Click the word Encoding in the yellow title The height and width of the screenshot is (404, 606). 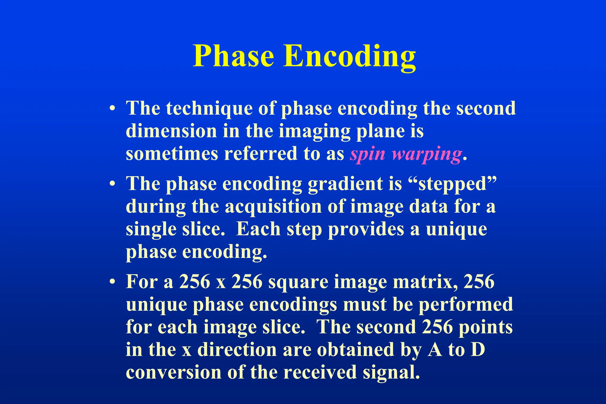(349, 57)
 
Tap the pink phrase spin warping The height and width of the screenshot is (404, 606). (406, 154)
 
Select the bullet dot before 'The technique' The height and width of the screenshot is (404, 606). (112, 109)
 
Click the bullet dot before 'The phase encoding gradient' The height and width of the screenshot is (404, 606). (112, 184)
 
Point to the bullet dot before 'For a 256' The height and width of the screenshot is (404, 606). (112, 282)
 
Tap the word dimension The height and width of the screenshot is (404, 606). (171, 131)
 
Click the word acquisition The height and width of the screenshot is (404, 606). (273, 206)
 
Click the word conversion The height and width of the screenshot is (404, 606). (174, 372)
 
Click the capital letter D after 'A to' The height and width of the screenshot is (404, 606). (478, 350)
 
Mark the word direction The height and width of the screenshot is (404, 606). (237, 350)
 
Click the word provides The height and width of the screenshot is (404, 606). (366, 229)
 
